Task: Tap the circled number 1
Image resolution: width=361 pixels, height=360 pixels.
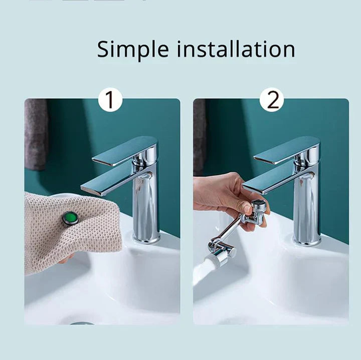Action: [x=110, y=100]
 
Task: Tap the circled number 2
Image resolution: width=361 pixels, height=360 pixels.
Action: [x=272, y=100]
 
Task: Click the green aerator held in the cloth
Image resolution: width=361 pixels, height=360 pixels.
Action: [x=71, y=218]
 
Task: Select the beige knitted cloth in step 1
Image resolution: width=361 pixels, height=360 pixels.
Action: [x=55, y=230]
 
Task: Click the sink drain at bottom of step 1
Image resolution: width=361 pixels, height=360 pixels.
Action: [x=82, y=323]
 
